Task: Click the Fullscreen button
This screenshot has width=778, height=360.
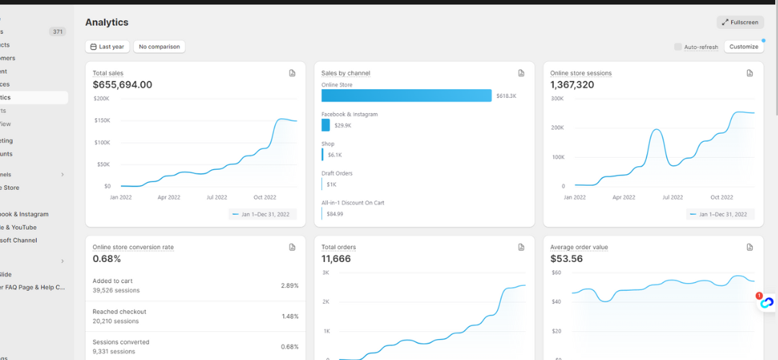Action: [x=740, y=22]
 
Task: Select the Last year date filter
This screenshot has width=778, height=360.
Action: [x=106, y=47]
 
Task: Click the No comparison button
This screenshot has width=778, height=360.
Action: [x=158, y=47]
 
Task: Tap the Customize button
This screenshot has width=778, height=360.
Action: [x=743, y=47]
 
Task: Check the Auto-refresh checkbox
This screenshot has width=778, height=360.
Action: [x=678, y=47]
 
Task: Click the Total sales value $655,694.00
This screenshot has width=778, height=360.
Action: [x=122, y=85]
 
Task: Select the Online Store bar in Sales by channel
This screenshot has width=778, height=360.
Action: [x=406, y=96]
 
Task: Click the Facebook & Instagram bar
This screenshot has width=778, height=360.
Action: [x=326, y=125]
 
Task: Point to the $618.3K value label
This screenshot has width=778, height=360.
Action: [x=506, y=96]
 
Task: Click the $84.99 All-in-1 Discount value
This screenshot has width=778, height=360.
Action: [x=335, y=214]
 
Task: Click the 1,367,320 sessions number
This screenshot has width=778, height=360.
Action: [x=572, y=85]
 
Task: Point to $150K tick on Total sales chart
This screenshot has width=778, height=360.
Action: [x=102, y=120]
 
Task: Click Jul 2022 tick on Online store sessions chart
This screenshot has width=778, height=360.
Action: [x=672, y=197]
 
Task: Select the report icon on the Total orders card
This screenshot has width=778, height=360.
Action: [x=521, y=247]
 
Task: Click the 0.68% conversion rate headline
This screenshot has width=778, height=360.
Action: [x=107, y=259]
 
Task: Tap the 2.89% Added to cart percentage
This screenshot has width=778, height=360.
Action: [x=290, y=286]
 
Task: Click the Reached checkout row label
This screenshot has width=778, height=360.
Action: [x=120, y=312]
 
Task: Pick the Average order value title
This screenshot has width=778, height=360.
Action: [x=579, y=247]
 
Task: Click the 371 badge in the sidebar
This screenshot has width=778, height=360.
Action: [x=58, y=32]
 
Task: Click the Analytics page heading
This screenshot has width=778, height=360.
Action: [x=107, y=22]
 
